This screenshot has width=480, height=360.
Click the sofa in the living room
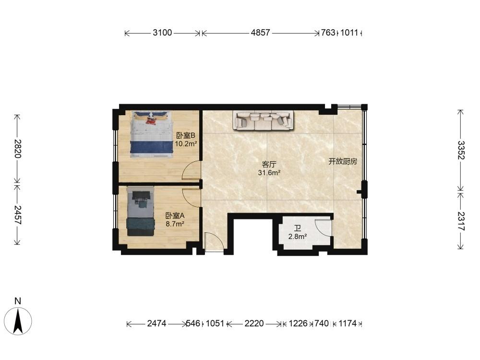pos(263,120)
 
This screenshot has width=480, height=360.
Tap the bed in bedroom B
pos(151,135)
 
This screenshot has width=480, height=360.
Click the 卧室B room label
pos(185,135)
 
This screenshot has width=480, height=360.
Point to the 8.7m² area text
pos(175,224)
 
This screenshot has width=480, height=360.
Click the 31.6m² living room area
pos(269,173)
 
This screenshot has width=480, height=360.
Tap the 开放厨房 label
pos(343,161)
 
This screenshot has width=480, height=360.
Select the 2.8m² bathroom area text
pos(298,236)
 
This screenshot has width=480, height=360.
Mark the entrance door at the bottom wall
pos(214,242)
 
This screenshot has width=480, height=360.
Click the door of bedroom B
pos(192,170)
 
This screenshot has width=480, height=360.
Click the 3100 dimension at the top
pos(162,33)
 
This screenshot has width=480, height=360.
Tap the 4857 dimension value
pos(261,33)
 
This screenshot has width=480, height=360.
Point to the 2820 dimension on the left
pos(17,148)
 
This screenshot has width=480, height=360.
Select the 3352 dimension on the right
pos(461,150)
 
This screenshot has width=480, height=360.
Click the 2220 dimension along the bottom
pos(254,323)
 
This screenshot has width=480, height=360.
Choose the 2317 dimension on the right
pos(461,221)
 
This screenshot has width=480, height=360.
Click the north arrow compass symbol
pos(18,321)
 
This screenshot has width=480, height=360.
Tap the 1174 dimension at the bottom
pos(348,323)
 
